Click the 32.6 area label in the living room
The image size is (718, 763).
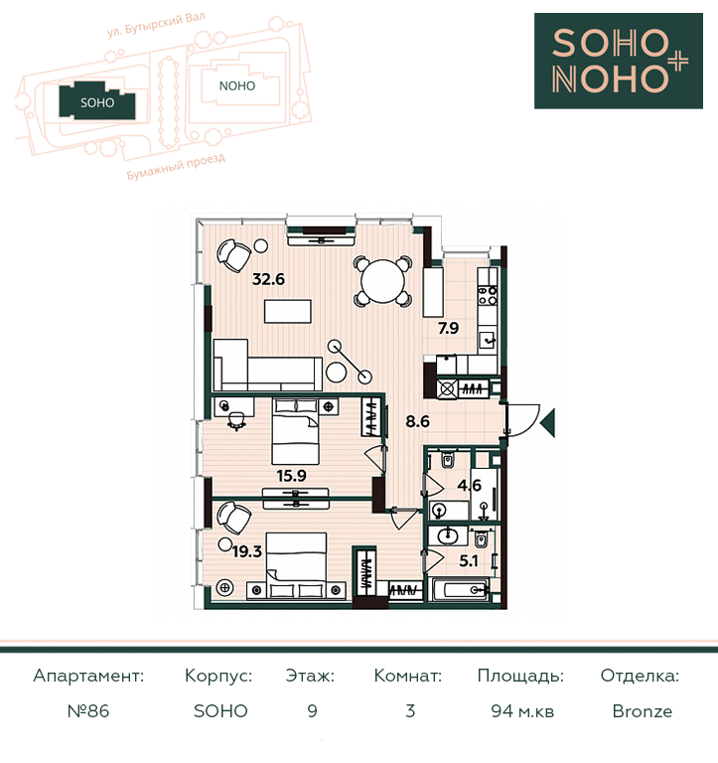click(268, 279)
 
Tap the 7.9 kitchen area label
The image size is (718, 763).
click(448, 328)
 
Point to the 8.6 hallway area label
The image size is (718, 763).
click(417, 421)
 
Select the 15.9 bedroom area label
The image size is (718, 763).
click(291, 476)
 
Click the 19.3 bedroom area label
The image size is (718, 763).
click(247, 551)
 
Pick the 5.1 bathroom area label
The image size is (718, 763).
click(469, 561)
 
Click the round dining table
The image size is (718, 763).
click(383, 281)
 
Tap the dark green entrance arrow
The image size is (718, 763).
click(547, 422)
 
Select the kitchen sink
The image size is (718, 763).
click(487, 340)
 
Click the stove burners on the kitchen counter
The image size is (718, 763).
click(488, 295)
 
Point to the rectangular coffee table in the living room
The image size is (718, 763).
click(287, 311)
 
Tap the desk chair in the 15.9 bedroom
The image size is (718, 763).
click(236, 421)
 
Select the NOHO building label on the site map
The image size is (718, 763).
click(237, 86)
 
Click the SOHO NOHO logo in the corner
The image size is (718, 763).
click(619, 61)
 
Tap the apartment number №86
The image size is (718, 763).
click(88, 711)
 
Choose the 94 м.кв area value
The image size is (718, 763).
click(522, 711)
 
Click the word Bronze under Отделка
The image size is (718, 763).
click(643, 711)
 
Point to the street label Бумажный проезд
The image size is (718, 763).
click(176, 167)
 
